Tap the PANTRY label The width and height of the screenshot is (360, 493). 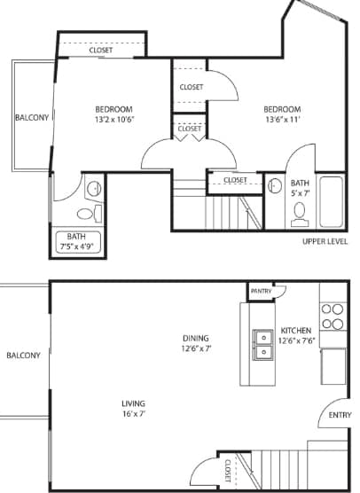coord(261,291)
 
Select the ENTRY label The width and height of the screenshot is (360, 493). coord(340,414)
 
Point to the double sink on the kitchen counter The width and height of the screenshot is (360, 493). coord(263,345)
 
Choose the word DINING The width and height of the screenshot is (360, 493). coord(195,338)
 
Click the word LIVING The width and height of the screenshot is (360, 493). coord(134,403)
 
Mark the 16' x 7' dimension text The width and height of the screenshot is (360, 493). coord(134,414)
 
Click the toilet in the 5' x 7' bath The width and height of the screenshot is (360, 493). coord(300,213)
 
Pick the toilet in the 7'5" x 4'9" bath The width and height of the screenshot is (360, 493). coord(86,213)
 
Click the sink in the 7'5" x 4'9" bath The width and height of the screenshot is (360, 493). coord(93,189)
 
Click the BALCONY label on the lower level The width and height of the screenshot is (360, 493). coord(22,356)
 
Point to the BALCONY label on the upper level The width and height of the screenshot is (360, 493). coord(31,117)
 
